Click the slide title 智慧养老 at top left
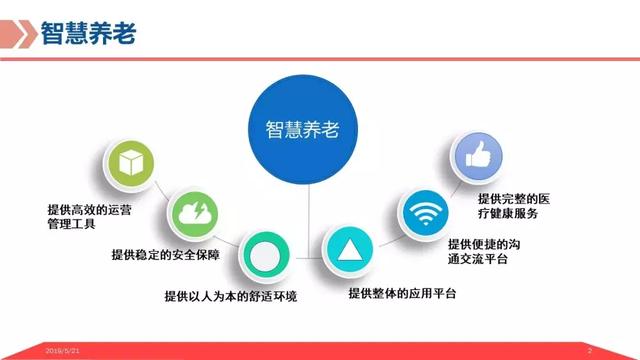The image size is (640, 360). tap(88, 33)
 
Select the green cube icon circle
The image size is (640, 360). tap(130, 164)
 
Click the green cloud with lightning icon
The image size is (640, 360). tap(191, 212)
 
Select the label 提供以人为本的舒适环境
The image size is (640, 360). tap(230, 296)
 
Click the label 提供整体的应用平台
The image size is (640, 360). tap(402, 294)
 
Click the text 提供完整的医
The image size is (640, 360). tap(515, 198)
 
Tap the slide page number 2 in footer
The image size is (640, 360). tap(590, 351)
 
